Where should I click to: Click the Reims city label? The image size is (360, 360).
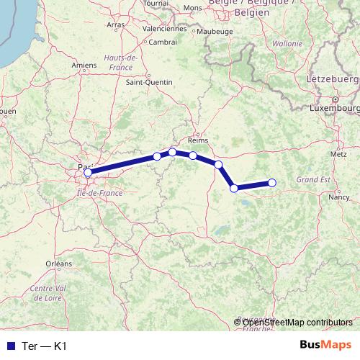197,141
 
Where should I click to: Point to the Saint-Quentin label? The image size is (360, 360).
150,82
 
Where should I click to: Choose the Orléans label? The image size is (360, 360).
58,264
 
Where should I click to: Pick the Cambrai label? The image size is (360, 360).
163,42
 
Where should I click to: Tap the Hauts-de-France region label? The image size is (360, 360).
120,61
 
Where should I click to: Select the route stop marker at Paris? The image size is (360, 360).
88,173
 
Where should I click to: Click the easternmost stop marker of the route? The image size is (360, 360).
272,183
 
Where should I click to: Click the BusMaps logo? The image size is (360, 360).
325,345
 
